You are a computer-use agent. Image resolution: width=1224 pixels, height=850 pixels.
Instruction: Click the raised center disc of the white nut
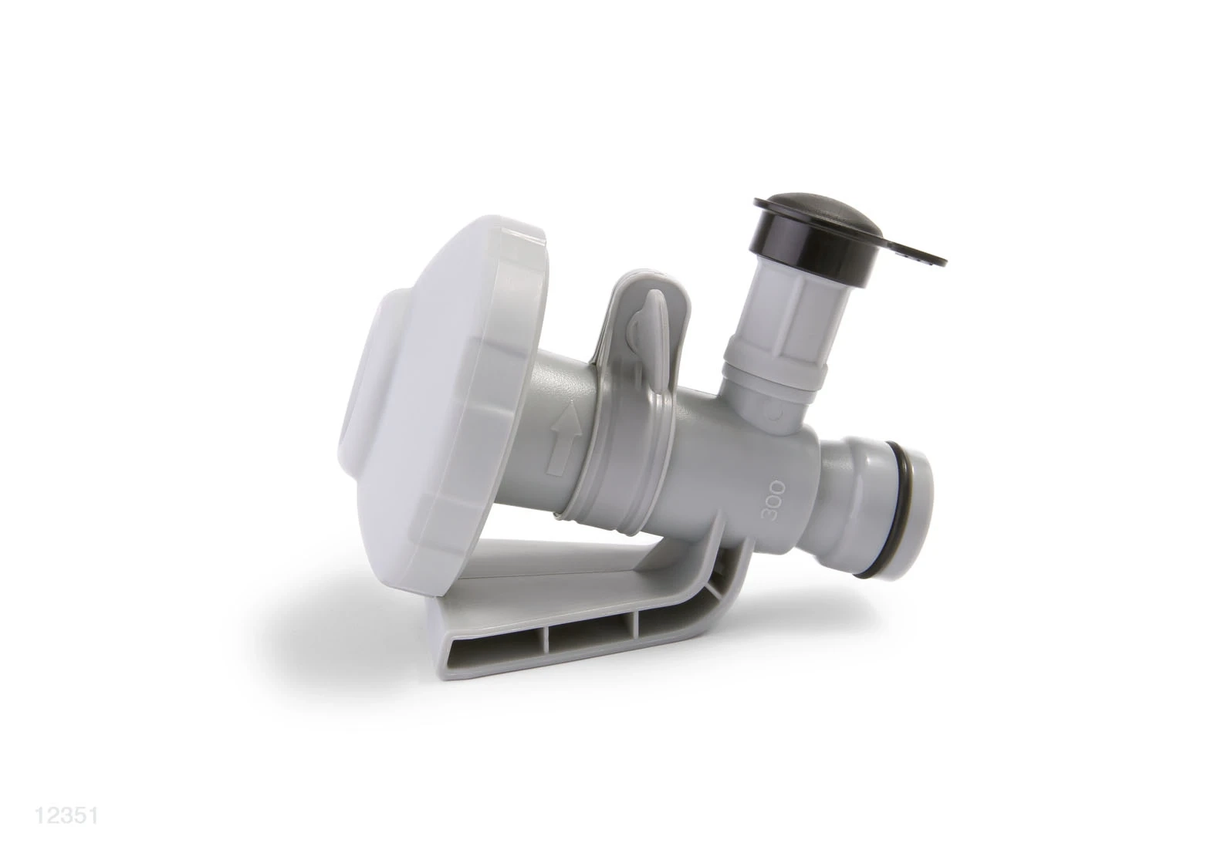(370, 383)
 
